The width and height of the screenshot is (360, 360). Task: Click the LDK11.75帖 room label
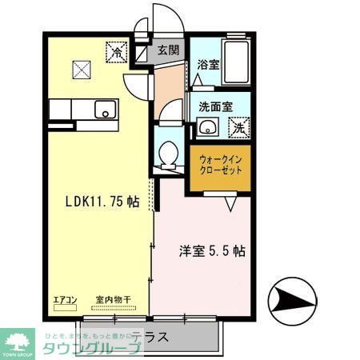click(102, 202)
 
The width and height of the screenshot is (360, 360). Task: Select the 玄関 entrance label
click(168, 50)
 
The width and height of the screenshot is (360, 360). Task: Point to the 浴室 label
click(208, 64)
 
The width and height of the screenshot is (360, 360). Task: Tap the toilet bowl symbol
click(168, 154)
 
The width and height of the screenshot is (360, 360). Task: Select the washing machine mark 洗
click(238, 126)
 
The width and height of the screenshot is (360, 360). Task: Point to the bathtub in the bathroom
click(238, 61)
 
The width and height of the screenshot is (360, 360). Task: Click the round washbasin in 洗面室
click(208, 126)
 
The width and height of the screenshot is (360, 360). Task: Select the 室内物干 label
click(113, 300)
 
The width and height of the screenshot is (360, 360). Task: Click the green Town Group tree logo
click(20, 338)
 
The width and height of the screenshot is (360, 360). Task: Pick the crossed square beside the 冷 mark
click(83, 70)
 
